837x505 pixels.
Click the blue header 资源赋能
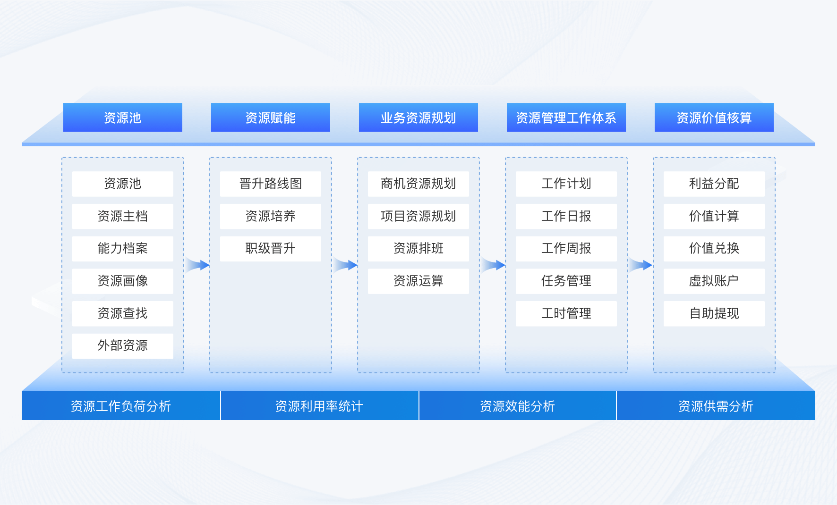(270, 118)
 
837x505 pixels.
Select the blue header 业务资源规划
(418, 118)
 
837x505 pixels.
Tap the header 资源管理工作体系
(566, 118)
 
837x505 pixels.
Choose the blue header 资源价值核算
(714, 118)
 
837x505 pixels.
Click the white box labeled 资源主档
(122, 216)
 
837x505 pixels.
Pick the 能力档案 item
(122, 249)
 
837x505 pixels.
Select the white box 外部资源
(122, 346)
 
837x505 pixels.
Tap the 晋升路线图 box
(270, 184)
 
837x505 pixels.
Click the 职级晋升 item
(270, 249)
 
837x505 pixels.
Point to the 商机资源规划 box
(418, 184)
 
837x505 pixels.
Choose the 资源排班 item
(418, 249)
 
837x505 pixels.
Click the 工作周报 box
(566, 249)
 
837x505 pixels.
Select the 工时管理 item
(566, 313)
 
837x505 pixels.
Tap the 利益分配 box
(714, 184)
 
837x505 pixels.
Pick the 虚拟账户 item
(714, 281)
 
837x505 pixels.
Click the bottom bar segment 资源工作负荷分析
(121, 406)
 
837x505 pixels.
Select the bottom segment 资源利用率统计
(319, 406)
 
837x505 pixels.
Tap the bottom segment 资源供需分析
(716, 406)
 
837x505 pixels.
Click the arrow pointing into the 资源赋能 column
(197, 265)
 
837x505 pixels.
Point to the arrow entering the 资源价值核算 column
(641, 265)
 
